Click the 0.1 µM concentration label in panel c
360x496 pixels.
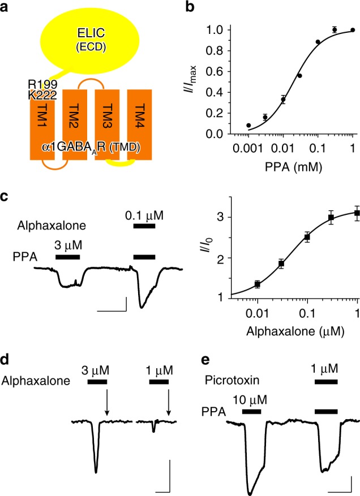(144, 214)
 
